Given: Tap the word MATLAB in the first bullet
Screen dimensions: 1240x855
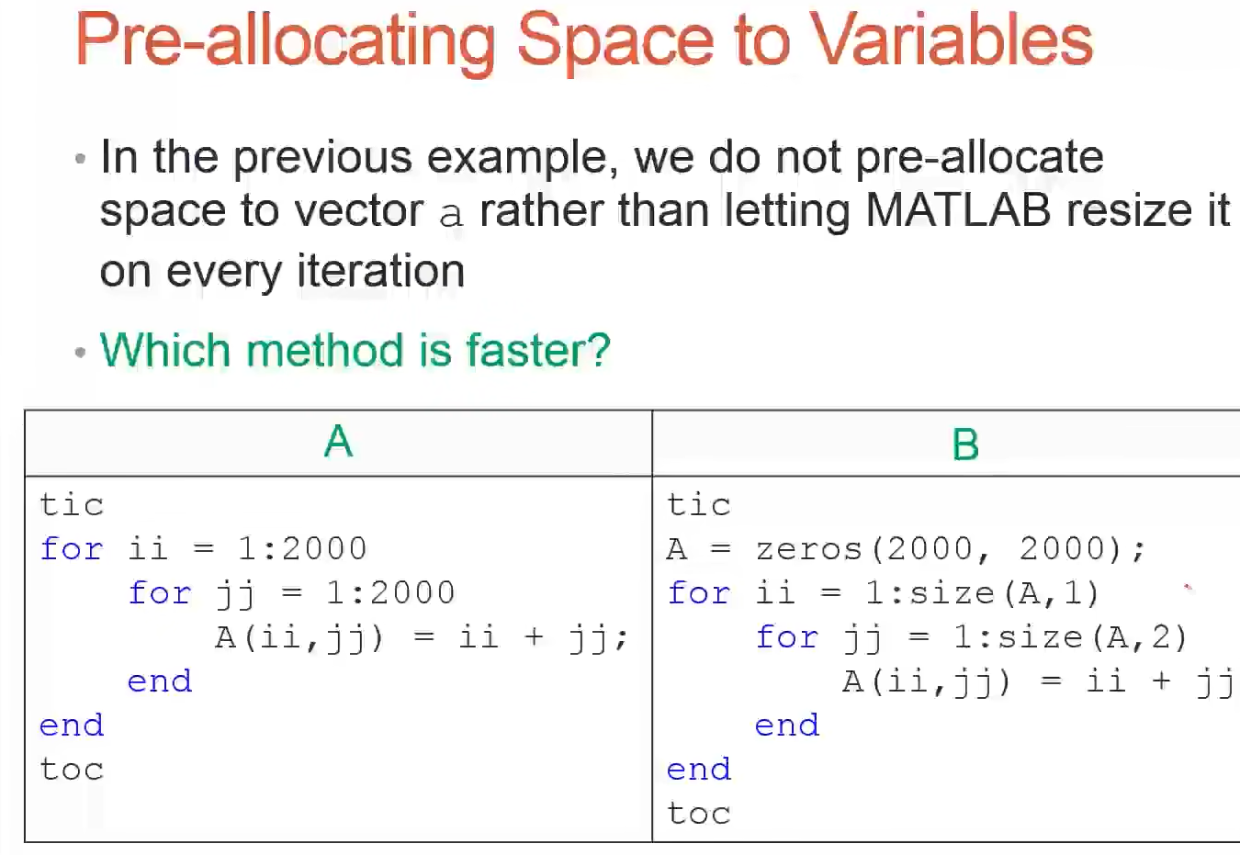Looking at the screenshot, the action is coord(958,210).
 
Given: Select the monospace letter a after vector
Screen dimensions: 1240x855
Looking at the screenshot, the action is coord(451,215).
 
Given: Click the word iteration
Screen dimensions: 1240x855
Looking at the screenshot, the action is coord(381,271).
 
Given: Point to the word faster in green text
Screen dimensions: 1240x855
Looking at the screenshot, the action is coord(538,350).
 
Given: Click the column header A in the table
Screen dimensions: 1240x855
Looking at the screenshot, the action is coord(338,442).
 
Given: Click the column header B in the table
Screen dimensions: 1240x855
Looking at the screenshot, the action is coord(965,444).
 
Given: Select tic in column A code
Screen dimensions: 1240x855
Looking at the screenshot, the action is coord(72,505).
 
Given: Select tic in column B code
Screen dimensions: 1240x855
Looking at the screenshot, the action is coord(699,505).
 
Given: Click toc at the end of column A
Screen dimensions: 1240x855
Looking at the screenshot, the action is coord(72,770).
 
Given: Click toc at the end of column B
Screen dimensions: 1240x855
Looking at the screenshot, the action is coord(699,814).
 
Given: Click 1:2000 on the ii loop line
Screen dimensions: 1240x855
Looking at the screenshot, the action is coord(302,549).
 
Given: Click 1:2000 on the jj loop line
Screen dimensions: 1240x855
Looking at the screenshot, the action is coord(390,593).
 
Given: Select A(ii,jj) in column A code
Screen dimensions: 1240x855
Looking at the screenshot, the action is coord(299,638).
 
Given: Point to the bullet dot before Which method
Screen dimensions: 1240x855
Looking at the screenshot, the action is coord(80,352).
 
